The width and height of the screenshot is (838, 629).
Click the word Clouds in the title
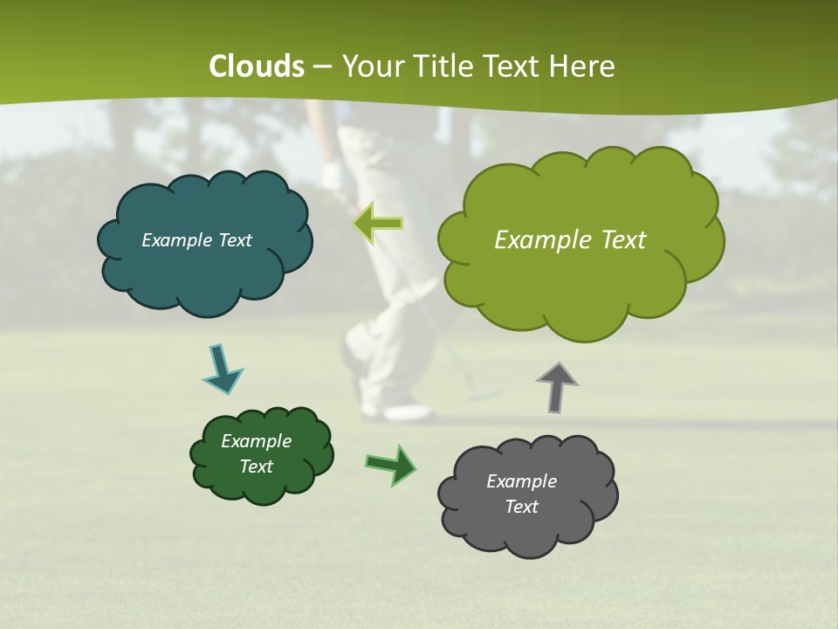[x=257, y=66]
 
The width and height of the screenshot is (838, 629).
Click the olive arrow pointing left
[x=378, y=223]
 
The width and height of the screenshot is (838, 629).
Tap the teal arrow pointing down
[x=221, y=370]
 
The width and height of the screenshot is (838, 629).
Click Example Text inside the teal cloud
[x=196, y=240]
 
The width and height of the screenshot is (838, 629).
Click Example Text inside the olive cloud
[x=570, y=240]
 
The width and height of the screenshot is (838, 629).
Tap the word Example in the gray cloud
[x=521, y=481]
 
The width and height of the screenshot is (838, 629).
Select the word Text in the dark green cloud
[x=257, y=467]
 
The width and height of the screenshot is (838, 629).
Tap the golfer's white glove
[x=333, y=175]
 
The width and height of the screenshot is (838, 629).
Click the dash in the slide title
[x=322, y=67]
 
